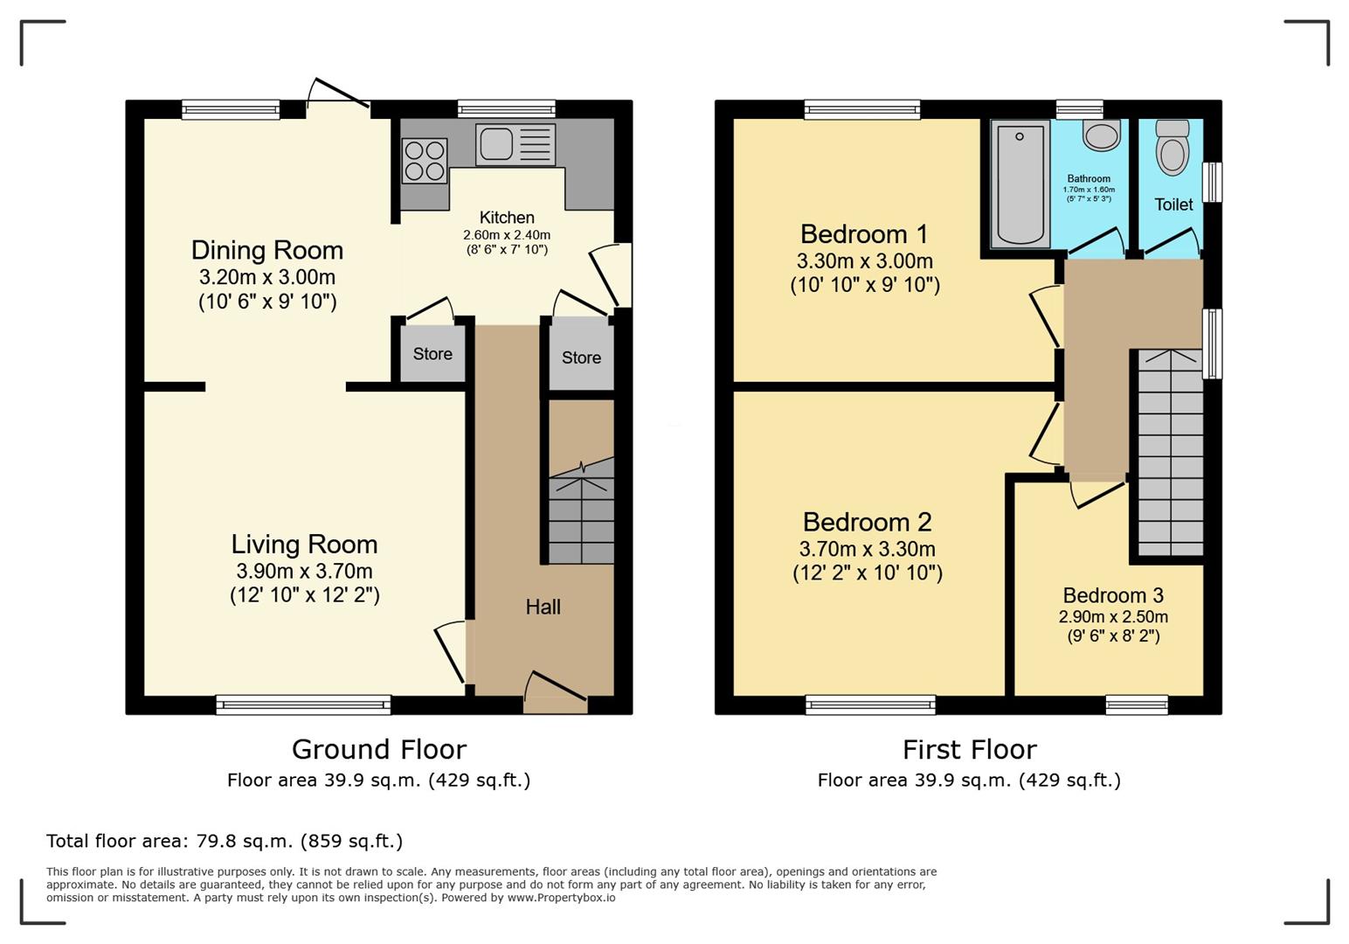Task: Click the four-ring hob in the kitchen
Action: (x=425, y=161)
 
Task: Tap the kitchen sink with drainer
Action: (x=515, y=144)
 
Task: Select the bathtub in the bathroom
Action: (x=1020, y=184)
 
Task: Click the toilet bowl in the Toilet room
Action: (x=1173, y=148)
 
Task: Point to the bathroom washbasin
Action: (x=1102, y=135)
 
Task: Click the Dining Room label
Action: (x=267, y=250)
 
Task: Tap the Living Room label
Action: (x=304, y=544)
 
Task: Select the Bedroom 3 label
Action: (x=1113, y=595)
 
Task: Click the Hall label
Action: (x=543, y=607)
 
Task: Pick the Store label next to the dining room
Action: (x=432, y=354)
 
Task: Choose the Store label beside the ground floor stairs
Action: (x=581, y=357)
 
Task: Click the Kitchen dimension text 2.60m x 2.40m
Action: (x=507, y=235)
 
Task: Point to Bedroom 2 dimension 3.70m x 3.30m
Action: (x=868, y=549)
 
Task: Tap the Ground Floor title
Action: (x=379, y=749)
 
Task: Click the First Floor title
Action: (x=970, y=750)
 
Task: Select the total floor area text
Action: (x=225, y=840)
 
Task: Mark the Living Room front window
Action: (x=303, y=705)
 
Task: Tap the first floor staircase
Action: (x=1170, y=453)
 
